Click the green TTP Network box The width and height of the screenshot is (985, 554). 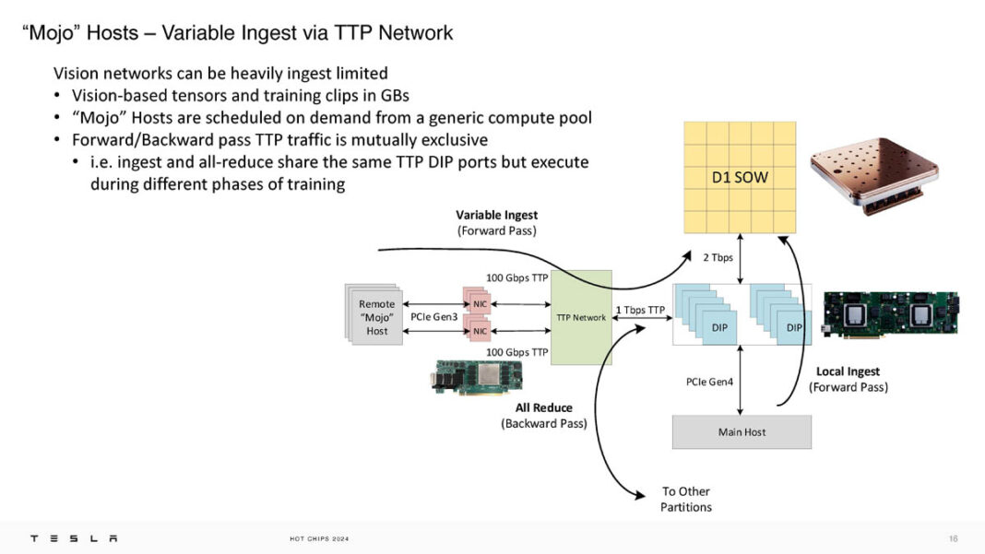click(581, 317)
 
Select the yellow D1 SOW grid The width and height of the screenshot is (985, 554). click(740, 177)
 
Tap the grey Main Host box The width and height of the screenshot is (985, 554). click(742, 431)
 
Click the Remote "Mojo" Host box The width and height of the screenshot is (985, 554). click(376, 317)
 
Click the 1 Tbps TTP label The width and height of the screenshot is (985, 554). click(640, 310)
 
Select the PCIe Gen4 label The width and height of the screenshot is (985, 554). click(709, 379)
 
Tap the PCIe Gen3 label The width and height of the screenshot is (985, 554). click(434, 317)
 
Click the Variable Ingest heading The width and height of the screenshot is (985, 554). click(496, 216)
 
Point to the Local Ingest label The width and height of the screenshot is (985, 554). click(848, 371)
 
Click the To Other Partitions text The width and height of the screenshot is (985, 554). click(686, 499)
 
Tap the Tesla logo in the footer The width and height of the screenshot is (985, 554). click(74, 538)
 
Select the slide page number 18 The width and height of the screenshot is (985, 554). click(953, 538)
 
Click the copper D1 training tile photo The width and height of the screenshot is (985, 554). click(872, 170)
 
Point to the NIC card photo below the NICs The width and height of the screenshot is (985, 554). click(477, 377)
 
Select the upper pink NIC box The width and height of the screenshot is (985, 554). click(479, 303)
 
